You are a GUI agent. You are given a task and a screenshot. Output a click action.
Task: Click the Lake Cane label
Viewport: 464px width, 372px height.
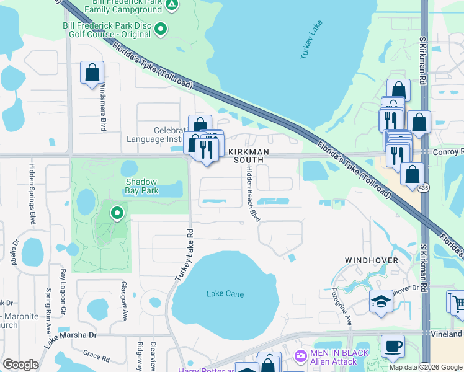[x=225, y=294]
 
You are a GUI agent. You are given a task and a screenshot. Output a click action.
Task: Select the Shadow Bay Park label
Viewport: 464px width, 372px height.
[x=142, y=186]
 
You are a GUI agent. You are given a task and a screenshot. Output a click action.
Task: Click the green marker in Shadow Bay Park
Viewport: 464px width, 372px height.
[x=117, y=214]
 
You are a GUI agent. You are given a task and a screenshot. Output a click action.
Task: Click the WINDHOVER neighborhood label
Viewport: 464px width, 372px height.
[x=372, y=260]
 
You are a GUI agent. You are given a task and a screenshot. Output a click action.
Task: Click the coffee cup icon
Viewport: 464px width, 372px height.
[x=392, y=346]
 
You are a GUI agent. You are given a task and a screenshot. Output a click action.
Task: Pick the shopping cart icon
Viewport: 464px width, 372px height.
[x=457, y=302]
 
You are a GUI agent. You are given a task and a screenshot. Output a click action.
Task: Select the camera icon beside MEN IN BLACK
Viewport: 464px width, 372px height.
[x=301, y=356]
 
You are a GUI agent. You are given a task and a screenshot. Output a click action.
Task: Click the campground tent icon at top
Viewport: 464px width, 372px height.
[x=172, y=6]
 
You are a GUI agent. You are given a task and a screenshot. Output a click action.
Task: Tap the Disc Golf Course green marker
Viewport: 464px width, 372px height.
[x=161, y=29]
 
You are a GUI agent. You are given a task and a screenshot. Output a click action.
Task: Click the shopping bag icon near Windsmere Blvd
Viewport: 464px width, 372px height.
[x=92, y=73]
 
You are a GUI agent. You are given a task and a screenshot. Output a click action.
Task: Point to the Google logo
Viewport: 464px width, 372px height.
[x=20, y=365]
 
